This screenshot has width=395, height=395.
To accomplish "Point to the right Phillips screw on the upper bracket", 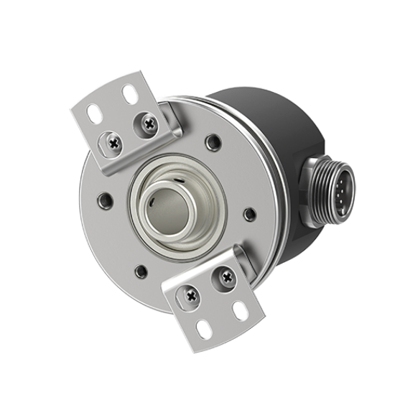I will pyautogui.click(x=149, y=124).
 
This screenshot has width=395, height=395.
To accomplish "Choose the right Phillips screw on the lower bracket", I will pyautogui.click(x=226, y=273).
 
